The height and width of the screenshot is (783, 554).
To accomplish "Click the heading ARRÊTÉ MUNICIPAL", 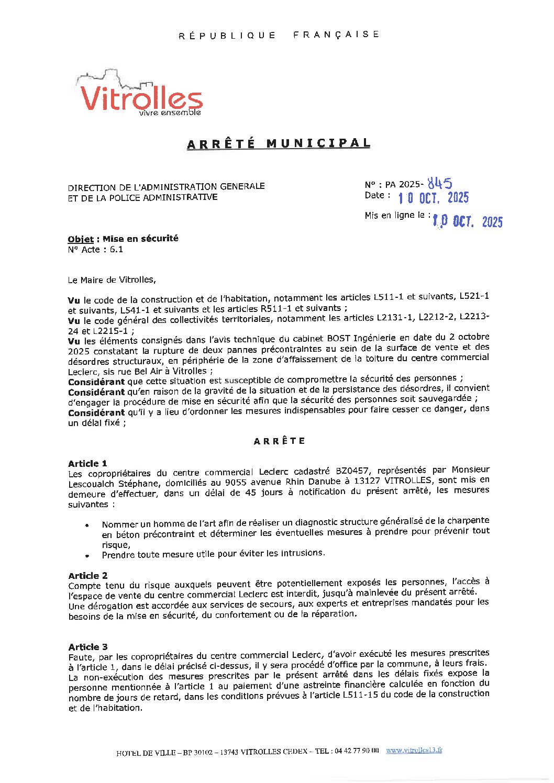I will [279, 143].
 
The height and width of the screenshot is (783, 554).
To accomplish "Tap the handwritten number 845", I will [439, 183].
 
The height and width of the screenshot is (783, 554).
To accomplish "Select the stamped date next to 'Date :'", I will [433, 197].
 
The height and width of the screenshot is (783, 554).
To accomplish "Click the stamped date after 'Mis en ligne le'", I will [467, 221].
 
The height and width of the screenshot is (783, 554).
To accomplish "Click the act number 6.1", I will [116, 250].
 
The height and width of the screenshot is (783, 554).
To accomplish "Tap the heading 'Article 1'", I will [87, 463].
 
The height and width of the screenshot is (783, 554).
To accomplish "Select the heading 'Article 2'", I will [87, 575].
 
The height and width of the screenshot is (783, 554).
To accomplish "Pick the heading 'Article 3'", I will [87, 647].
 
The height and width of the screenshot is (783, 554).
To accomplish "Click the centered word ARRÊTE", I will [279, 441].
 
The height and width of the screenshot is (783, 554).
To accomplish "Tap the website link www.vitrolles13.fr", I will [414, 750].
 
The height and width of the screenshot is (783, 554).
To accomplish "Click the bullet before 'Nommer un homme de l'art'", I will [87, 525].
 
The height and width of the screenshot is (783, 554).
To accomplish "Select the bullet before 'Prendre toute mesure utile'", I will [87, 556].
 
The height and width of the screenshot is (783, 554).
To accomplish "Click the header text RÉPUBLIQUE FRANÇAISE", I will [279, 35].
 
